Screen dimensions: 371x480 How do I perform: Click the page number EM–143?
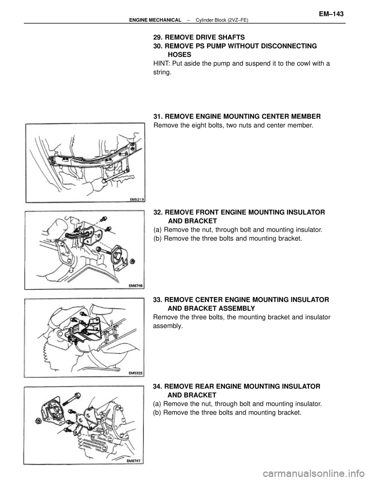coord(331,14)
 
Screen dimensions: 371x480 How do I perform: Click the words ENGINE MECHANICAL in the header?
coord(155,20)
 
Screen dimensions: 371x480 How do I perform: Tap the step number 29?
coord(158,37)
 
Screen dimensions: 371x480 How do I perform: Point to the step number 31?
coord(158,116)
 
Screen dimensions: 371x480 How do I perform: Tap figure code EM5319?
coord(136,199)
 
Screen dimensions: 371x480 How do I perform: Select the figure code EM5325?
coord(136,373)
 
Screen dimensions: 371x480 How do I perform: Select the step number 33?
coord(158,300)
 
